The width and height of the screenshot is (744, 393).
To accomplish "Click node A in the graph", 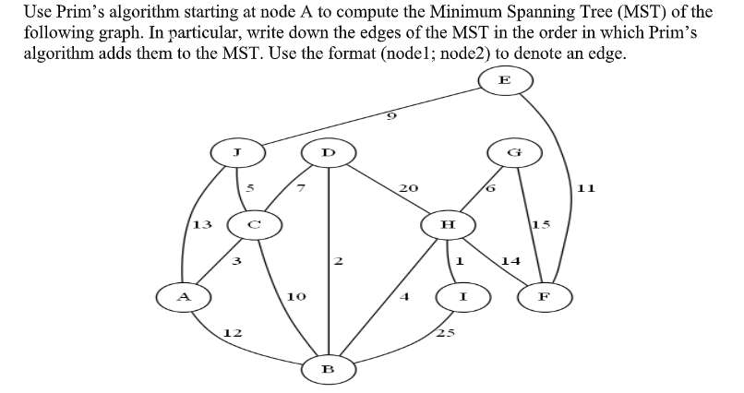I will (184, 297).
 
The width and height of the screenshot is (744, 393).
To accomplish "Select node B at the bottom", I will (326, 368).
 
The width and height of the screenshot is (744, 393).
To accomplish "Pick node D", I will (324, 150).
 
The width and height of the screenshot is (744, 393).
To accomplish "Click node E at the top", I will (504, 80).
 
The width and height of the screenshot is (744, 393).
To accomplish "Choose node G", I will (522, 150).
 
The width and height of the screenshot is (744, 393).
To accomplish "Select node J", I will (238, 150).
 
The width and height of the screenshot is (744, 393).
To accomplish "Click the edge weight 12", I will (234, 332).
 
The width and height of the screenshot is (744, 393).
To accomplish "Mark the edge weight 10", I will (295, 297).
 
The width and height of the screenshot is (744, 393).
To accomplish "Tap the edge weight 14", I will (511, 261).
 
